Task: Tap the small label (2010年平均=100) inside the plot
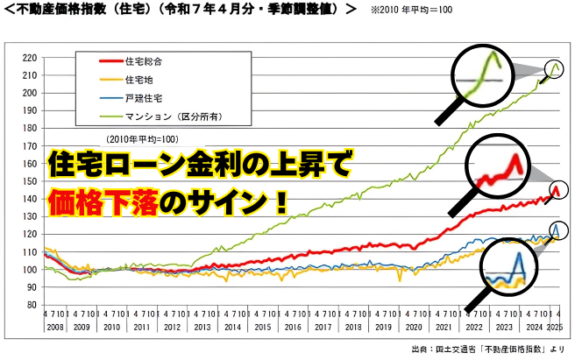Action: (x=142, y=139)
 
